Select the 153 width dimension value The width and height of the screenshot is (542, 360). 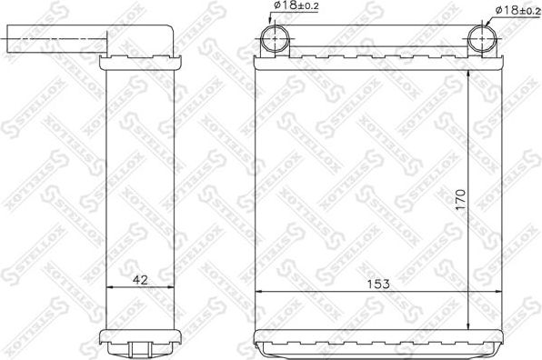click(378, 284)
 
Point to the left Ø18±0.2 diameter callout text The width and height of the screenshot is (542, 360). click(295, 8)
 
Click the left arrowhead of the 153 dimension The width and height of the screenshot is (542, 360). click(258, 292)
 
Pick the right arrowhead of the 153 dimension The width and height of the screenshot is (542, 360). click(497, 292)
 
